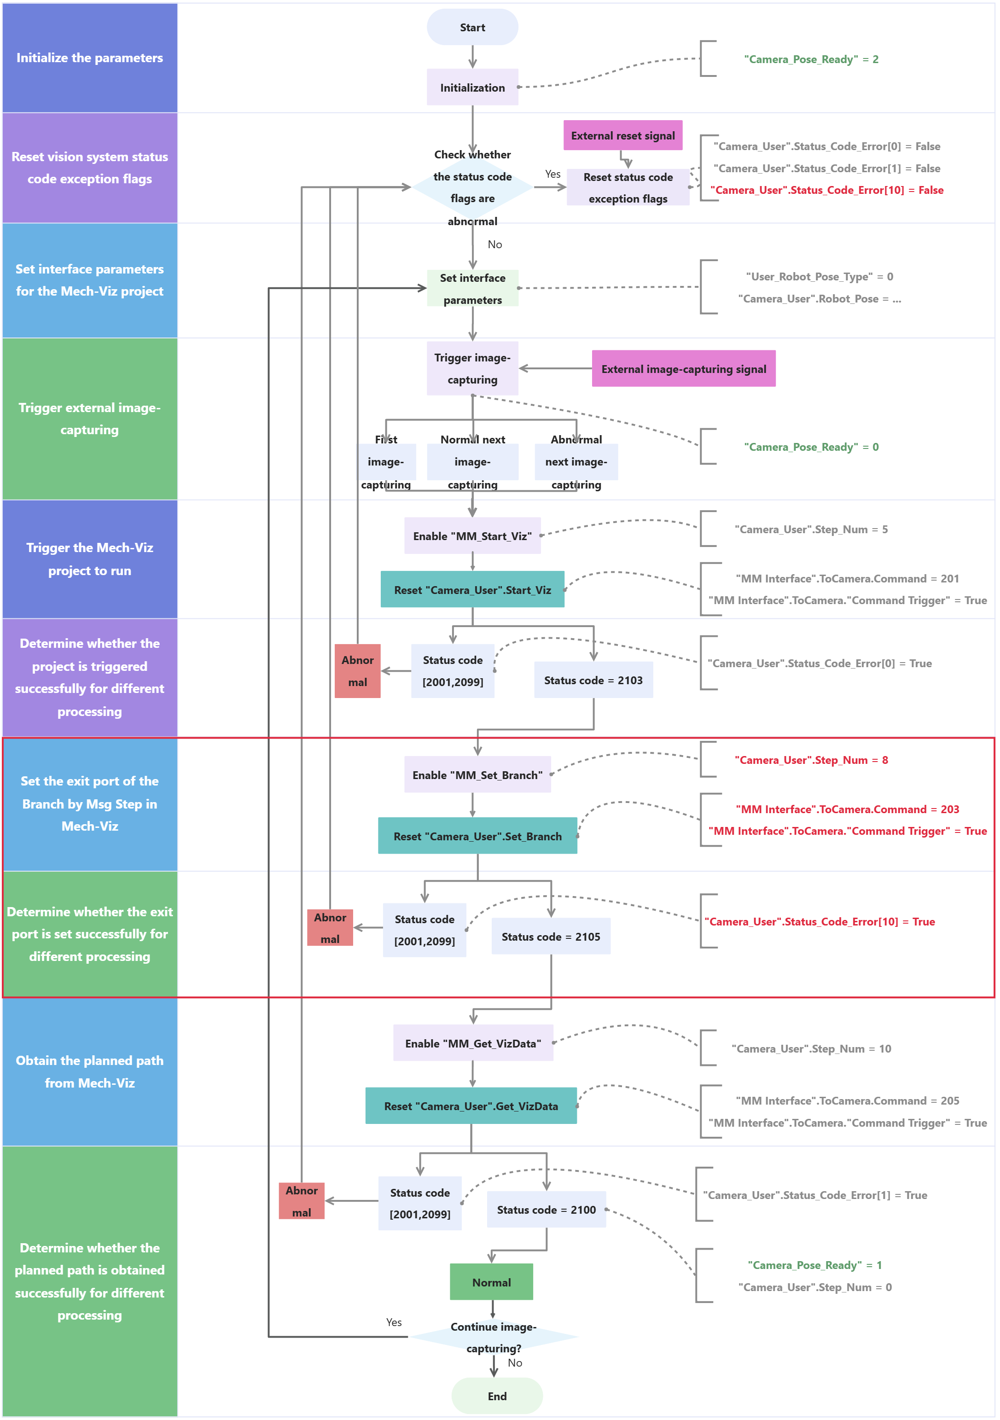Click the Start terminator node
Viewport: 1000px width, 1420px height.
pos(472,27)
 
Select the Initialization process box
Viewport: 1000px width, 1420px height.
pos(472,87)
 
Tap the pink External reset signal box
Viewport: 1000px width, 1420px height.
pos(623,135)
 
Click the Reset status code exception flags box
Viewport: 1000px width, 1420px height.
pos(628,187)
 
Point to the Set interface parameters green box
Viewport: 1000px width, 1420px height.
pos(472,288)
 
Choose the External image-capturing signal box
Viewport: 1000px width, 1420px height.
pos(683,369)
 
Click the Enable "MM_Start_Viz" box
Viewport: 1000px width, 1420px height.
pos(472,535)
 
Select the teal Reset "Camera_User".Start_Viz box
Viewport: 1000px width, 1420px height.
pos(472,589)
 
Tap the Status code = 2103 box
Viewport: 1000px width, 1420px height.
pos(593,680)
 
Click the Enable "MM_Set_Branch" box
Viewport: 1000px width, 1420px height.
pos(477,774)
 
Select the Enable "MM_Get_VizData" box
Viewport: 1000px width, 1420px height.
pos(473,1043)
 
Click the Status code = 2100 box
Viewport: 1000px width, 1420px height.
pos(546,1209)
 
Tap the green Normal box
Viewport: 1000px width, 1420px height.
pos(491,1282)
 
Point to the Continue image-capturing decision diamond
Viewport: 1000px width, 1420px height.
pos(493,1337)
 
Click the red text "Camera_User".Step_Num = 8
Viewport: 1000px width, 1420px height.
pos(811,759)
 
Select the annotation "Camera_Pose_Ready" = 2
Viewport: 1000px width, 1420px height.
pos(811,59)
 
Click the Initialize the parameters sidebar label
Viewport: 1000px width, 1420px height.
pos(90,58)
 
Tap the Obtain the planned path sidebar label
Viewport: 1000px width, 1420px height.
pos(90,1071)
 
